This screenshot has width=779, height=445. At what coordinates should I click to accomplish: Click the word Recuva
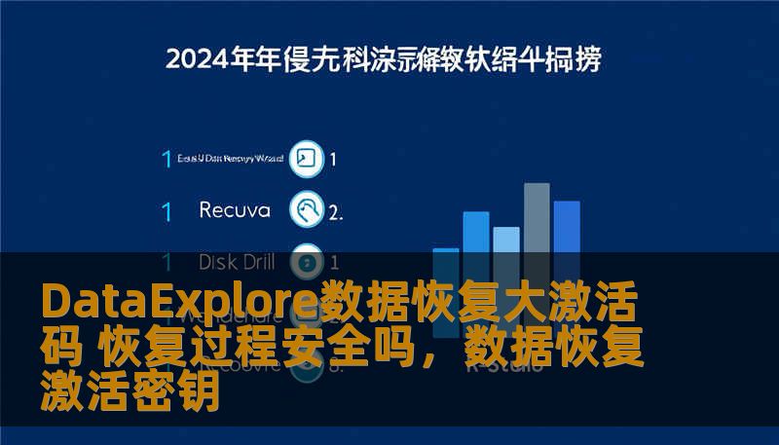point(234,210)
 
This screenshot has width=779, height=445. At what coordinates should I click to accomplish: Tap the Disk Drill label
point(237,262)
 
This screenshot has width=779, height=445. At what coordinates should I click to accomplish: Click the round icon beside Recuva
point(307,209)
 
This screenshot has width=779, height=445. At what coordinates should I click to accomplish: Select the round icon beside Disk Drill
point(307,261)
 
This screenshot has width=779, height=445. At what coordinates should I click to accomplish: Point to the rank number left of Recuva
point(167,211)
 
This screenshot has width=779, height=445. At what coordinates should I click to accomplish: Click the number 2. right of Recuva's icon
point(335,211)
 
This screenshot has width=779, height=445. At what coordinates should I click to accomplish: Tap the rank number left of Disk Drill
point(167,262)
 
